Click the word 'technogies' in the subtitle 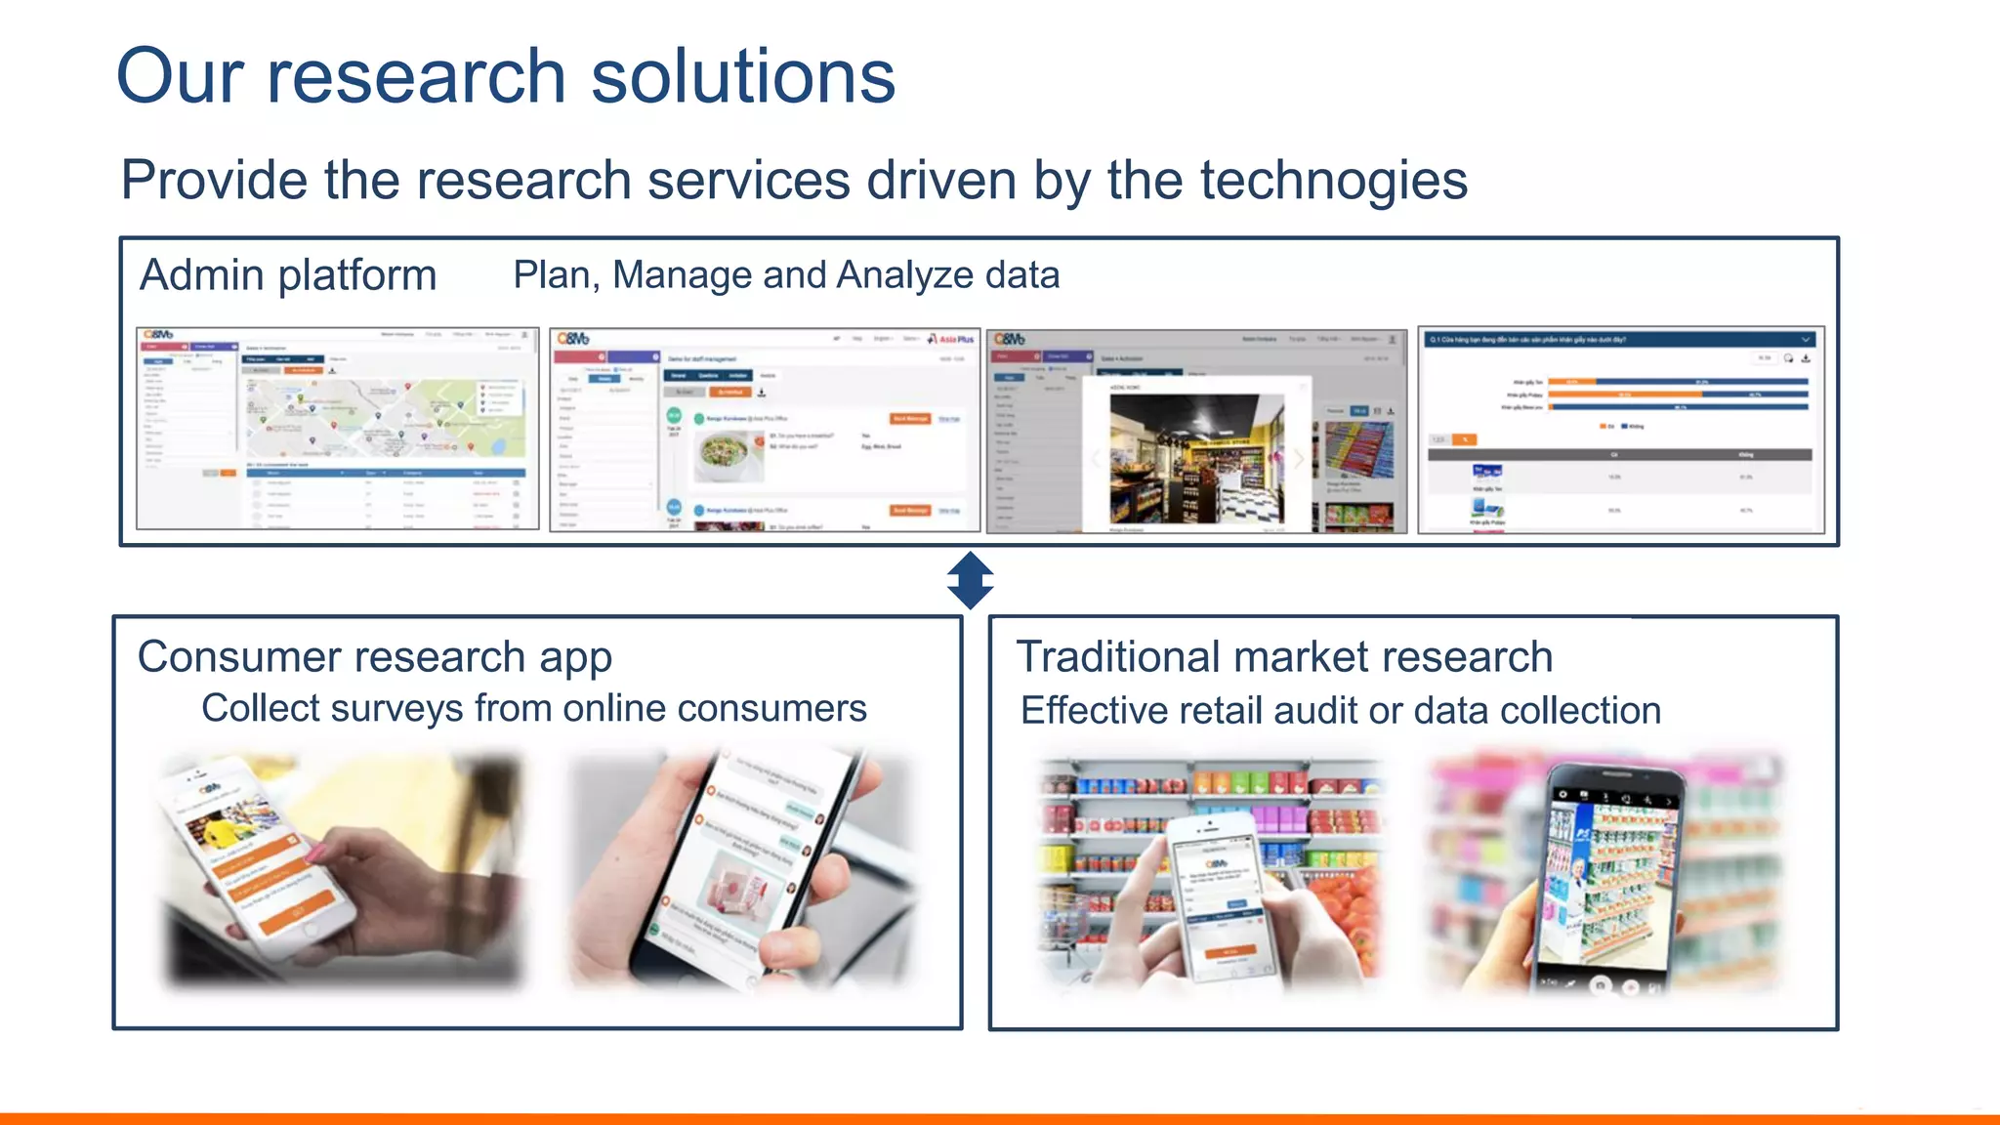(x=1333, y=181)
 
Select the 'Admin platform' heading (x=288, y=275)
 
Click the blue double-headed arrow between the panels (x=970, y=581)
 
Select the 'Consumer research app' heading (x=375, y=657)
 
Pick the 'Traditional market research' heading (x=1284, y=657)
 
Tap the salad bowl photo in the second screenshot (x=728, y=454)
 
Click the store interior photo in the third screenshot (x=1196, y=459)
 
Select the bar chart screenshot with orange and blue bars (x=1621, y=430)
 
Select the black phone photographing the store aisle (x=1606, y=879)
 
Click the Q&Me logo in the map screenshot (x=159, y=335)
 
